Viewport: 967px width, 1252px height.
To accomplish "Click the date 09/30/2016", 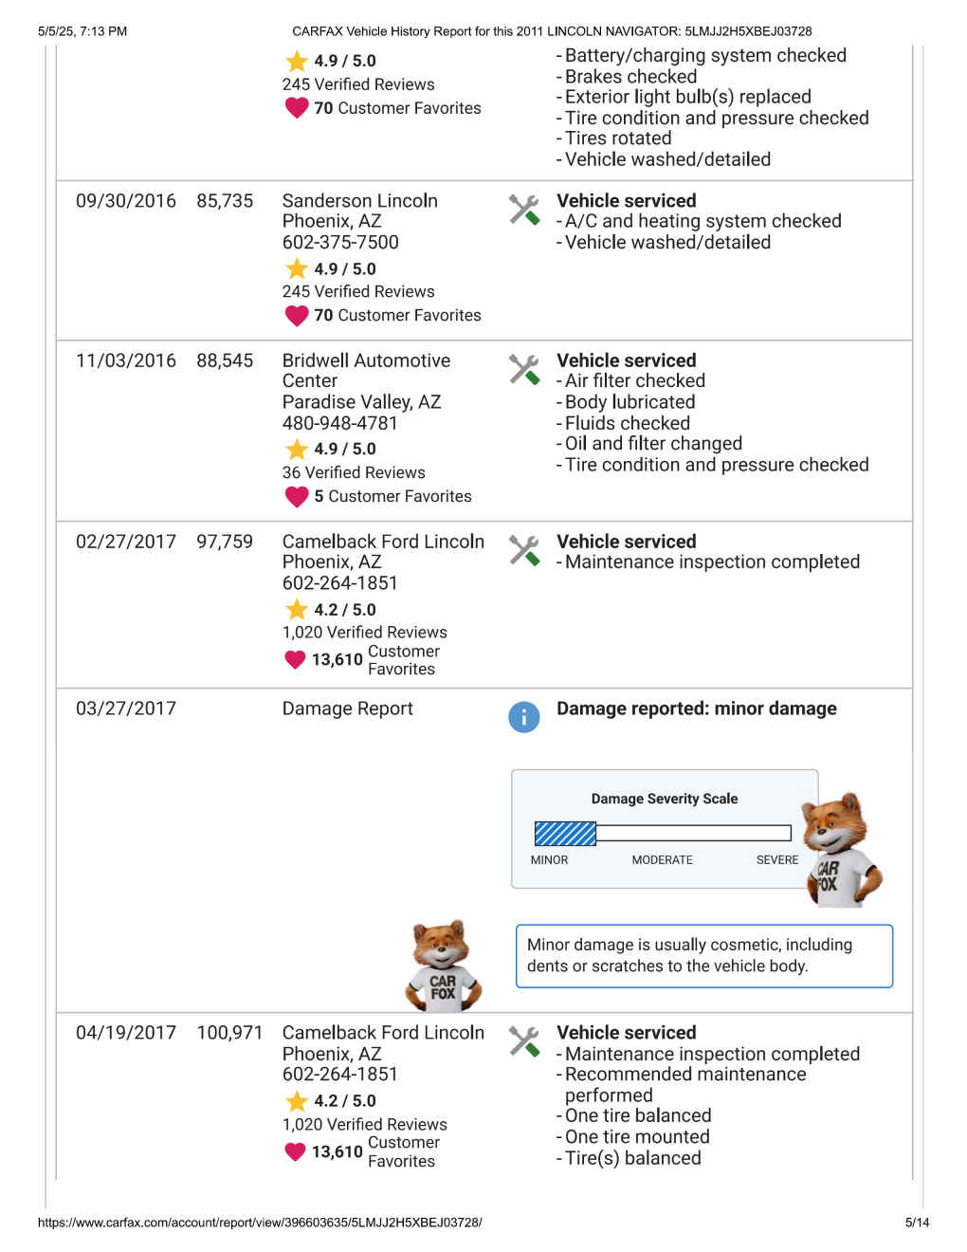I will pyautogui.click(x=126, y=201).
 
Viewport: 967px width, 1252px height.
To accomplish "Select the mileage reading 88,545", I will pyautogui.click(x=225, y=360).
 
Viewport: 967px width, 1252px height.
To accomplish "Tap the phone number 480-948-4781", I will pyautogui.click(x=339, y=423).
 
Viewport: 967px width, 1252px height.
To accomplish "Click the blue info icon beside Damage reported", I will pyautogui.click(x=524, y=717).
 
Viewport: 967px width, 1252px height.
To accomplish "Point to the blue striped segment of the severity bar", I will pyautogui.click(x=565, y=834).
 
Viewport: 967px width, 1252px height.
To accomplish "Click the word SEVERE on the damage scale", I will pyautogui.click(x=776, y=860).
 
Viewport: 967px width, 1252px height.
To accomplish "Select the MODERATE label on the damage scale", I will pyautogui.click(x=662, y=860).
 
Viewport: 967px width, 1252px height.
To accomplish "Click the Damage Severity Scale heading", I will pyautogui.click(x=664, y=799).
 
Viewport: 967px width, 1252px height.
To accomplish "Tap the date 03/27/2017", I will pyautogui.click(x=126, y=709).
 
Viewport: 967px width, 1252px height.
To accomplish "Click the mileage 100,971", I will pyautogui.click(x=229, y=1033).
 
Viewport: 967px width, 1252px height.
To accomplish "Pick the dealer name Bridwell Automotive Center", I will pyautogui.click(x=366, y=371).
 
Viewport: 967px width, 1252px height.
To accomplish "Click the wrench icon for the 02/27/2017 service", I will pyautogui.click(x=524, y=550).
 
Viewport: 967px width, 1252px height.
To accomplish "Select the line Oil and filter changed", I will pyautogui.click(x=653, y=444).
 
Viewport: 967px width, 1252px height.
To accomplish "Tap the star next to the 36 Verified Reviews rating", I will pyautogui.click(x=297, y=450).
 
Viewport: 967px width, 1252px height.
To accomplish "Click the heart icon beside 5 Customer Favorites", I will pyautogui.click(x=297, y=496).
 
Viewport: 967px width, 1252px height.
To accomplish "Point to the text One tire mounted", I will pyautogui.click(x=637, y=1137).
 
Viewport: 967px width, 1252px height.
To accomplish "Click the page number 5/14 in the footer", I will pyautogui.click(x=917, y=1223).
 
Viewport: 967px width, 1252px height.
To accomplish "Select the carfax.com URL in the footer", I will pyautogui.click(x=260, y=1223).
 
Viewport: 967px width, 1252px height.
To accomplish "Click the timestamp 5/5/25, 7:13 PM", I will pyautogui.click(x=82, y=31).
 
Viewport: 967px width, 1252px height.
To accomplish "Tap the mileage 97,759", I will pyautogui.click(x=225, y=542).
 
